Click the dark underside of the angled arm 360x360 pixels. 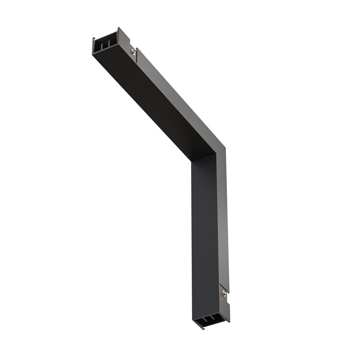click(x=141, y=108)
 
